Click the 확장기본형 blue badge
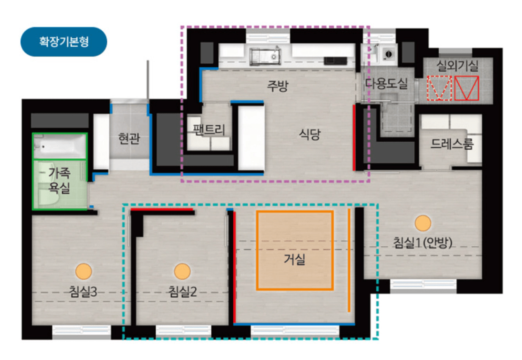click(64, 42)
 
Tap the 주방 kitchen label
click(278, 86)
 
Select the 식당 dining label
click(310, 134)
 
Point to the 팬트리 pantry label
click(209, 130)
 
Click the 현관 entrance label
click(129, 138)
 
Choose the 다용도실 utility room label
click(386, 84)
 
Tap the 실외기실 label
click(457, 66)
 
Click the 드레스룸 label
click(452, 144)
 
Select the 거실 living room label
click(294, 259)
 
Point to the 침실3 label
click(83, 292)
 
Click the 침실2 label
click(183, 292)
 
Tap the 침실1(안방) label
click(422, 243)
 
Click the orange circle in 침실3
click(83, 271)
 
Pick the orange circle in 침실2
click(182, 271)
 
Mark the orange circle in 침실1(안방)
click(423, 223)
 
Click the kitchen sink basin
click(265, 56)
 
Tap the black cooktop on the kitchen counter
click(335, 61)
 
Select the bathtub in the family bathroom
click(60, 146)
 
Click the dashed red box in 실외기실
click(439, 88)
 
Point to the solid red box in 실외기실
click(466, 88)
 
